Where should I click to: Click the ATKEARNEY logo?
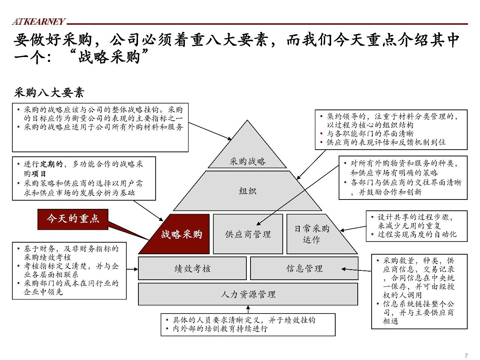pyautogui.click(x=39, y=21)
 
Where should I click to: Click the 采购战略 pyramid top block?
pyautogui.click(x=247, y=153)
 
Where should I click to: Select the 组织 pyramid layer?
pyautogui.click(x=247, y=191)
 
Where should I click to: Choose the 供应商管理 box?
pyautogui.click(x=248, y=234)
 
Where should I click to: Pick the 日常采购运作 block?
pyautogui.click(x=315, y=234)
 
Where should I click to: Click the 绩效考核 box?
pyautogui.click(x=192, y=268)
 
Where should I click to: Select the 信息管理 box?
pyautogui.click(x=304, y=268)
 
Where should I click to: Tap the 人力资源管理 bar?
pyautogui.click(x=248, y=294)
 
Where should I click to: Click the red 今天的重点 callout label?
pyautogui.click(x=73, y=219)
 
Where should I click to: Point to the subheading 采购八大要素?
pyautogui.click(x=49, y=93)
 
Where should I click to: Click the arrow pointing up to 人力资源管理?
pyautogui.click(x=248, y=309)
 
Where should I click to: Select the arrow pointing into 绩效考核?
pyautogui.click(x=132, y=269)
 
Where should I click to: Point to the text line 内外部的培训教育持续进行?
pyautogui.click(x=220, y=329)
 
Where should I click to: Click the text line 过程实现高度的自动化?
pyautogui.click(x=417, y=234)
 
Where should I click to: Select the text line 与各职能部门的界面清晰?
pyautogui.click(x=370, y=133)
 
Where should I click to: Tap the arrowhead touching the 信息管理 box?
pyautogui.click(x=343, y=269)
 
